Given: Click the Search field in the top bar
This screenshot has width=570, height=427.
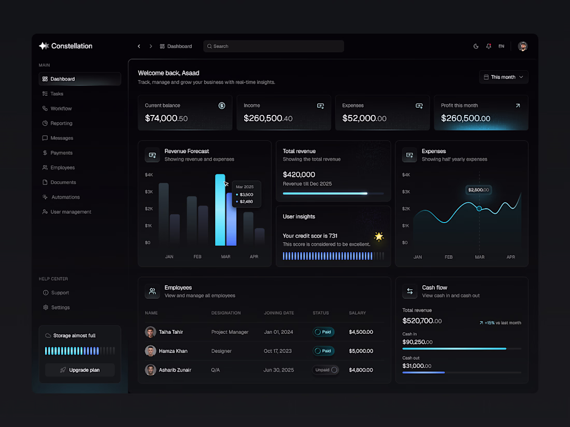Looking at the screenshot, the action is point(274,46).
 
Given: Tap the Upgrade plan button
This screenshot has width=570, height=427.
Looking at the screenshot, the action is point(80,370).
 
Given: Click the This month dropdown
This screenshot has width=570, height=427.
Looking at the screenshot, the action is point(504,77).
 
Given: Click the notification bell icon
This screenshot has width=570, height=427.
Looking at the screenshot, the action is point(489,46).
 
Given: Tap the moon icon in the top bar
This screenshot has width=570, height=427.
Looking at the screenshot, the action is point(476,46).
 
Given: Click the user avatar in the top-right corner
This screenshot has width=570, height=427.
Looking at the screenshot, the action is point(523,46).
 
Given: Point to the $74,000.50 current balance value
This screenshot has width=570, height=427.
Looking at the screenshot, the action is point(166,118).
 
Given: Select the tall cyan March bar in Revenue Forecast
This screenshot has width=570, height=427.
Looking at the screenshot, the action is point(220,210).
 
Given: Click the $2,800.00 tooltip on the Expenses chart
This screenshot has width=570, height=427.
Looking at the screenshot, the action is point(478,190).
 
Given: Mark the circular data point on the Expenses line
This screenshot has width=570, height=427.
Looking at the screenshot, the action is point(479,209).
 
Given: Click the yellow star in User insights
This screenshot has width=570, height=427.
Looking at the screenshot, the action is point(379,237).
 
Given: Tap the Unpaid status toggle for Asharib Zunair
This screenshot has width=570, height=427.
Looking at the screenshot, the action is point(325,370).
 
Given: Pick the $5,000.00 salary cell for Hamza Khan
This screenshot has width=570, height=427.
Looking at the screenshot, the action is point(361,351).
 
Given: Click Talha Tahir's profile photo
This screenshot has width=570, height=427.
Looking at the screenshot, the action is point(150,332).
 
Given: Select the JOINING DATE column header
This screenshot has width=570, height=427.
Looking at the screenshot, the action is point(279,313).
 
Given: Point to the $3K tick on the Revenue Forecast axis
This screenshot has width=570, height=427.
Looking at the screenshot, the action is point(149,192).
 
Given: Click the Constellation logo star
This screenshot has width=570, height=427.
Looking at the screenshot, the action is point(44,46).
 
